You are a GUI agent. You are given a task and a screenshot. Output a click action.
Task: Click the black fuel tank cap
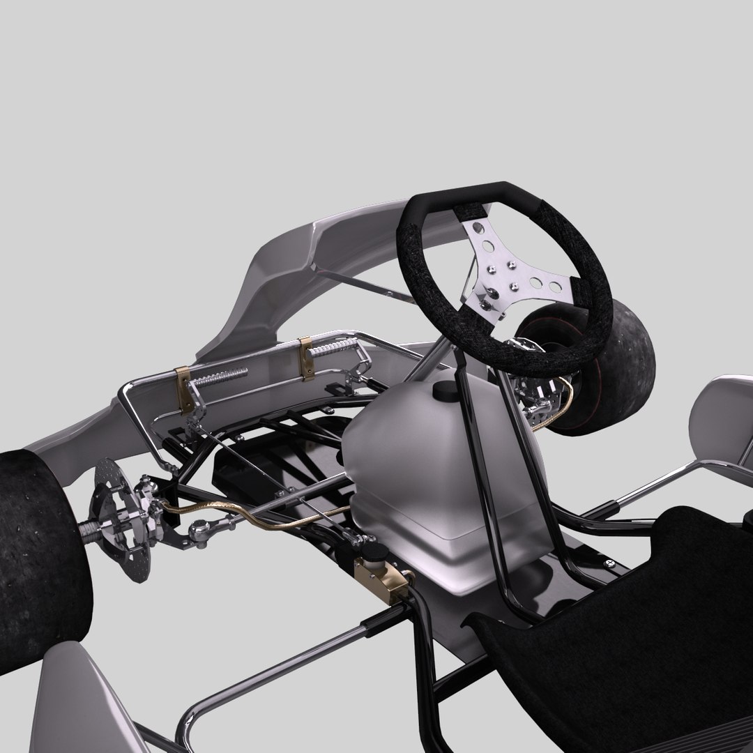point(444,391)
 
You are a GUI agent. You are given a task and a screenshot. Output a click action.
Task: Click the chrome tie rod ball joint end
point(199,533)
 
